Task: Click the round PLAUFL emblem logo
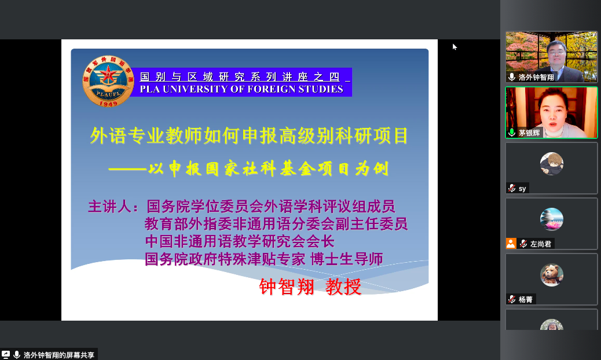pyautogui.click(x=108, y=81)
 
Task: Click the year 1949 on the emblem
pyautogui.click(x=108, y=104)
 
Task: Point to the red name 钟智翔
pyautogui.click(x=287, y=287)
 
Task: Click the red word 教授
pyautogui.click(x=343, y=287)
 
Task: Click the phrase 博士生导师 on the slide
pyautogui.click(x=346, y=259)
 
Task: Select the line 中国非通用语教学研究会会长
pyautogui.click(x=240, y=242)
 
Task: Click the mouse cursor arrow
pyautogui.click(x=455, y=47)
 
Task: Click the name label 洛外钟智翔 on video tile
pyautogui.click(x=536, y=78)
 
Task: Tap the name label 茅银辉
pyautogui.click(x=529, y=133)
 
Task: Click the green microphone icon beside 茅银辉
pyautogui.click(x=512, y=133)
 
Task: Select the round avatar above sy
pyautogui.click(x=552, y=164)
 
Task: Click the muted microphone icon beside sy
pyautogui.click(x=512, y=188)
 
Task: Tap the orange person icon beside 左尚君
pyautogui.click(x=511, y=244)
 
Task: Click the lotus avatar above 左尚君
pyautogui.click(x=552, y=219)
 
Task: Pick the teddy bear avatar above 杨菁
pyautogui.click(x=552, y=274)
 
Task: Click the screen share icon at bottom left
pyautogui.click(x=6, y=355)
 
